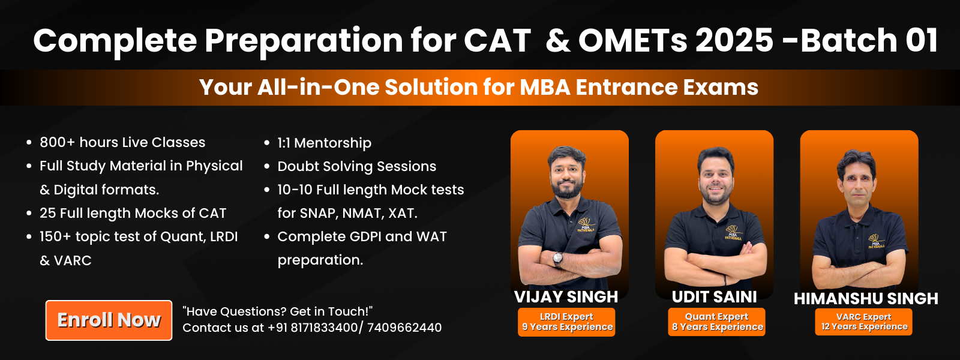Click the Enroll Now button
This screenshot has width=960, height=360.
point(109,320)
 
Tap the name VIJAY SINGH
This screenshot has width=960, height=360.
point(566,297)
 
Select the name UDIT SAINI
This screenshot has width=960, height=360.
point(714,297)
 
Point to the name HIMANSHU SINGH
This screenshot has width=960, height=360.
point(865,298)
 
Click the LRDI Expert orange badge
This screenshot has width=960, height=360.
point(566,322)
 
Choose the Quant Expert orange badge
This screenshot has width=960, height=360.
point(717,322)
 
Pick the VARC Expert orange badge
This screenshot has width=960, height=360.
point(864,322)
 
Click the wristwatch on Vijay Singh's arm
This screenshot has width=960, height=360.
point(558,259)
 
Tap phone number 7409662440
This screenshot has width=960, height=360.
point(404,328)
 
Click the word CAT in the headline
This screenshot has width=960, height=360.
point(497,41)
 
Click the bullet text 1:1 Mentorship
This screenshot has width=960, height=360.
point(324,143)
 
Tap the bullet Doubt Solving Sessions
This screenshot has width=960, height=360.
point(356,166)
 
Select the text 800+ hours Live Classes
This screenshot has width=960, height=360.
point(122,142)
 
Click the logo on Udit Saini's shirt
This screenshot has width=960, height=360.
point(733,232)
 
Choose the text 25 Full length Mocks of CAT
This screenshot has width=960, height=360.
point(133,213)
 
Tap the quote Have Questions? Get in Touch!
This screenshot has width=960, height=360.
point(277,311)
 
